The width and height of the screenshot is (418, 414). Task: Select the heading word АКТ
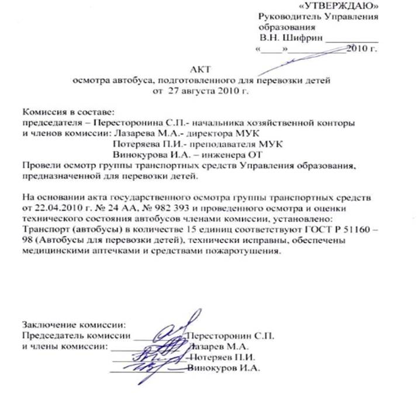(201, 70)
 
